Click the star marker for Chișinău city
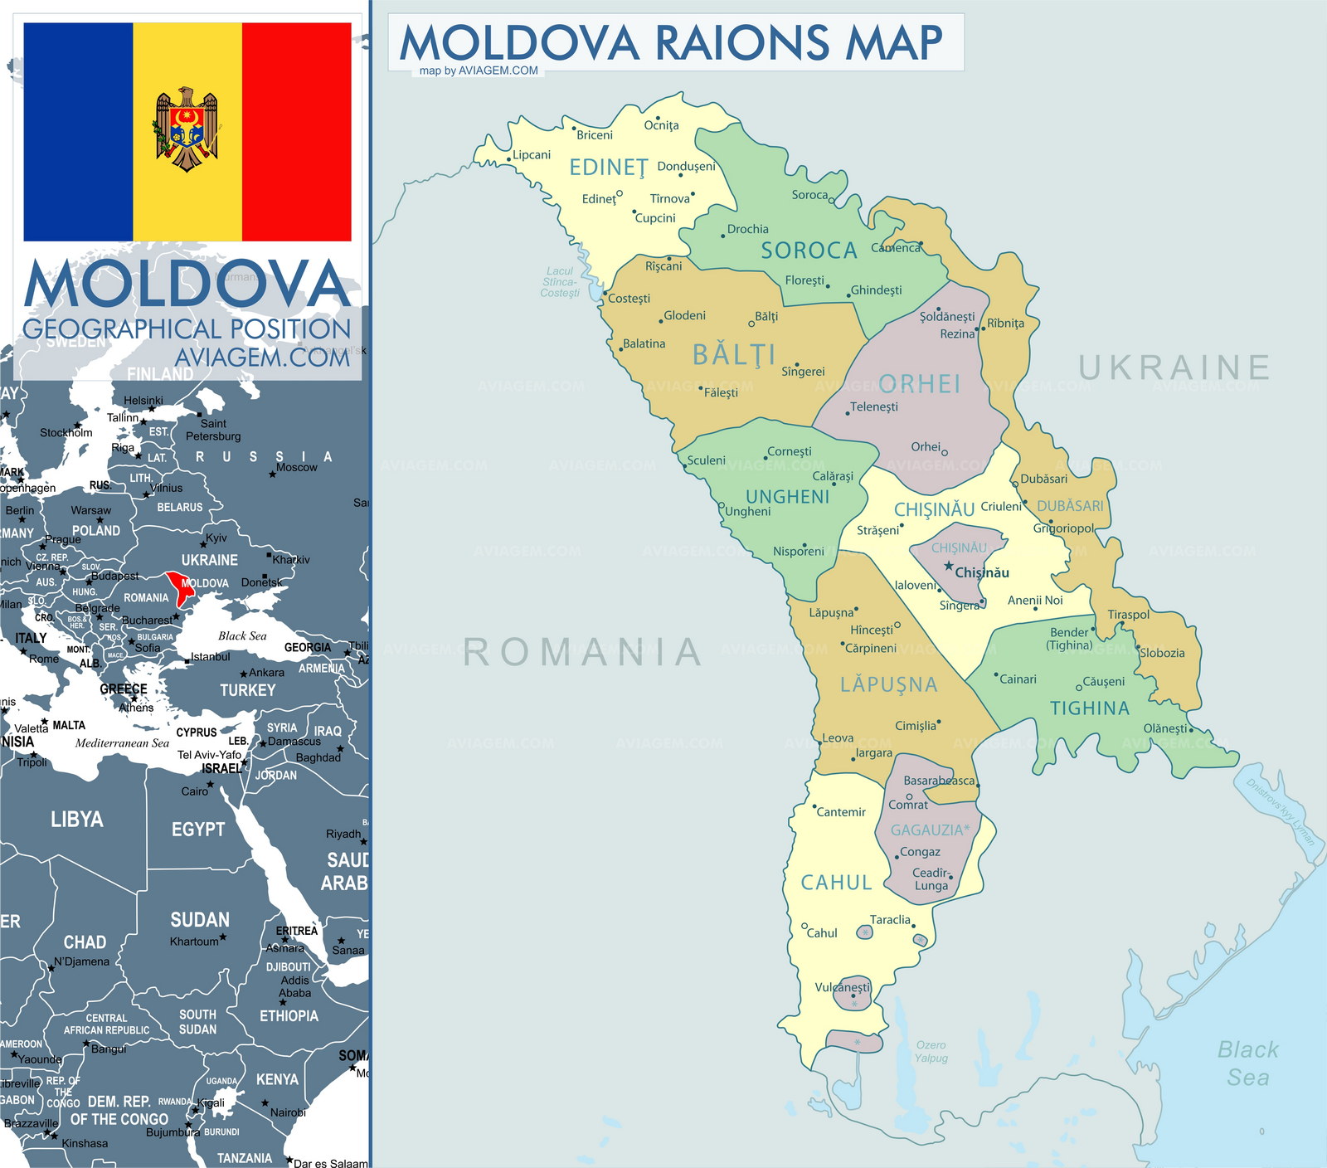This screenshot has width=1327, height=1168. click(x=949, y=566)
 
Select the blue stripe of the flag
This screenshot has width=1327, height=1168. click(x=78, y=132)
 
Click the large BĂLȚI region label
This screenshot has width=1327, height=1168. click(x=734, y=355)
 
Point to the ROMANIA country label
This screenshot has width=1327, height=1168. click(x=583, y=652)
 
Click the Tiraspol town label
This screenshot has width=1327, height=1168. click(x=1128, y=615)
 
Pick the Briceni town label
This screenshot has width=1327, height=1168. click(x=595, y=135)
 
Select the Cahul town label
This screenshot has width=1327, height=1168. click(x=822, y=933)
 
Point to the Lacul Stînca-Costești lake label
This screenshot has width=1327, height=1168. click(x=560, y=282)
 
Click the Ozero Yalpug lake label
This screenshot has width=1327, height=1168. click(x=931, y=1051)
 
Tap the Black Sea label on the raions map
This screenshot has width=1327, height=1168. click(x=1247, y=1063)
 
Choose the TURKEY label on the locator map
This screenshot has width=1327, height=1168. click(x=247, y=690)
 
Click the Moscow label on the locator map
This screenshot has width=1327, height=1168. click(x=297, y=467)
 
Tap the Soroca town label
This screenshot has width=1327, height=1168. click(x=809, y=195)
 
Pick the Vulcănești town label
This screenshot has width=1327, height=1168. click(x=842, y=987)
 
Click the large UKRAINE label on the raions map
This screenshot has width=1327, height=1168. click(x=1174, y=367)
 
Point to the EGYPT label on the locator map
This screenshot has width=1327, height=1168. click(x=197, y=830)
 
